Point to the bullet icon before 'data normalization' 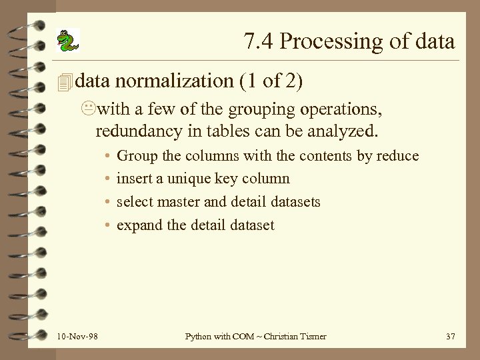tap(64, 82)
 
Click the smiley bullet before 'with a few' tap(91, 109)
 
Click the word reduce tap(397, 156)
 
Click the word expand tap(139, 225)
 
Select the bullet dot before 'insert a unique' tap(107, 179)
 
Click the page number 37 tap(450, 337)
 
